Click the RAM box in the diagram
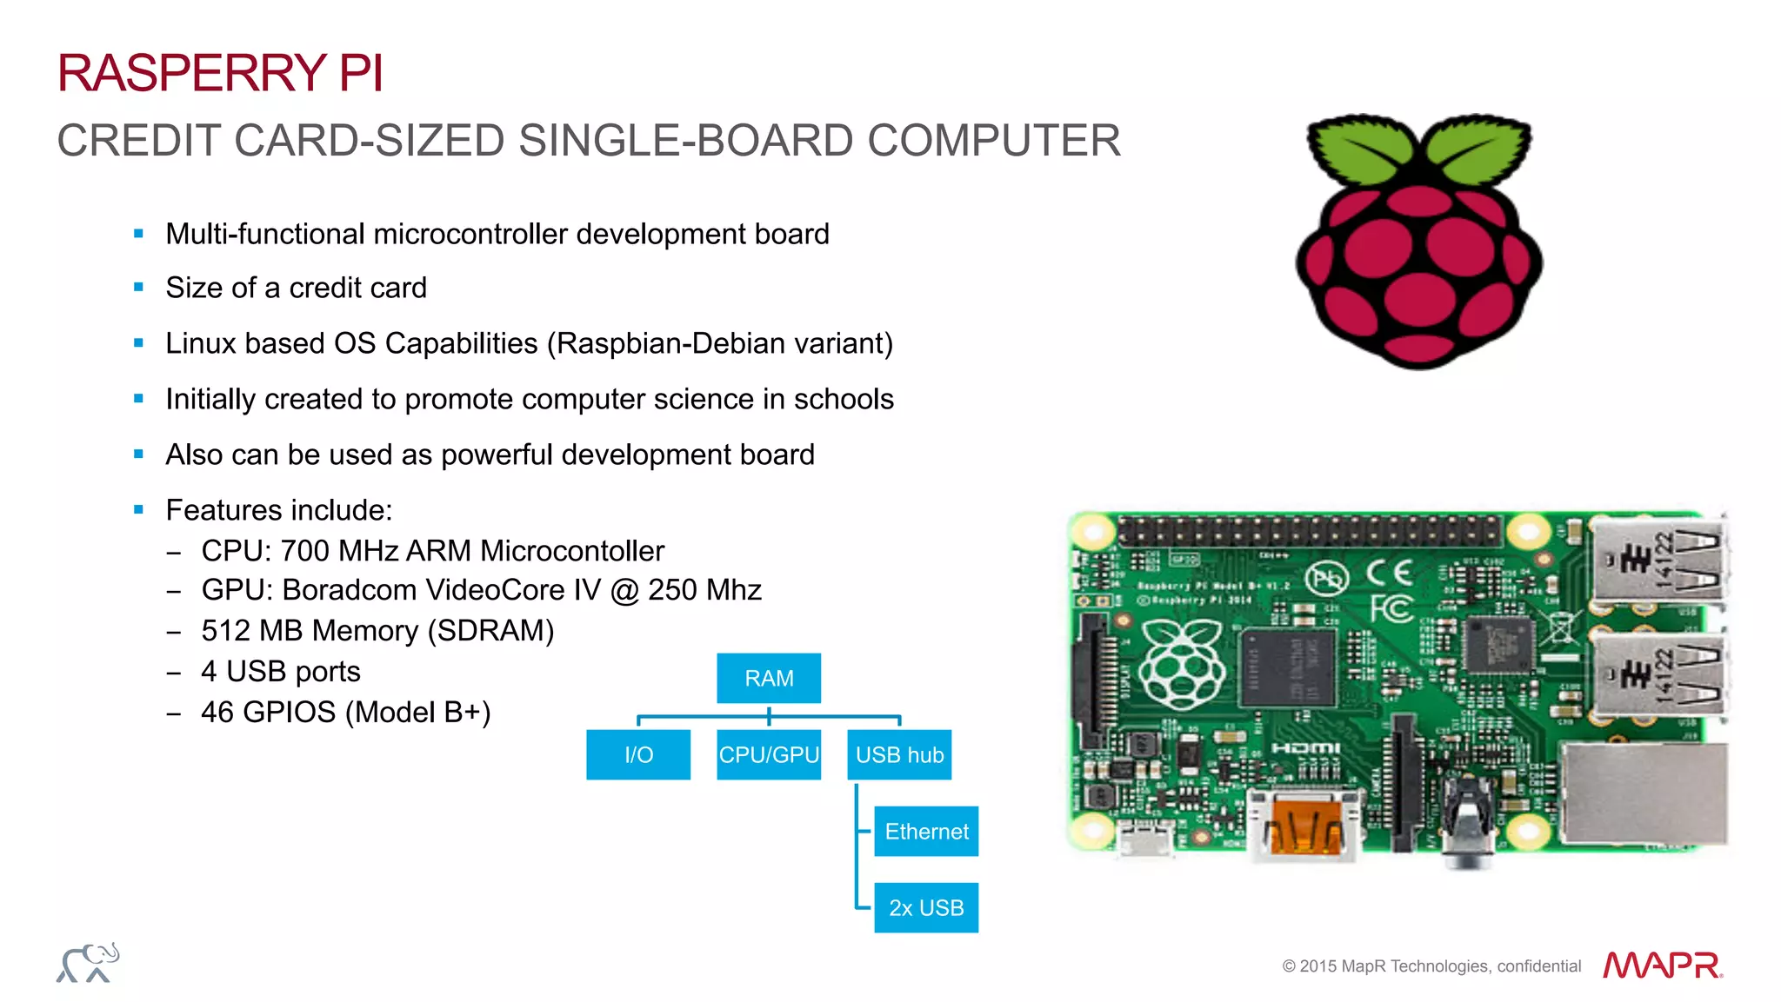769,678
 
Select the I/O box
638,754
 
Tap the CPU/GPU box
769,754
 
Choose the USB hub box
899,754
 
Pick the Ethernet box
926,831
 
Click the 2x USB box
926,907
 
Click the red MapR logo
1662,965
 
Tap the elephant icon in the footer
88,963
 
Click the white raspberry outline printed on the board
1182,665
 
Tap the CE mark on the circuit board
1389,573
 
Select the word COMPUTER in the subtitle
994,141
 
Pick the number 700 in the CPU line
304,551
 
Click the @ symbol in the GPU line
624,591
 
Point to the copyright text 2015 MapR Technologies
1431,966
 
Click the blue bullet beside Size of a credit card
138,288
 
